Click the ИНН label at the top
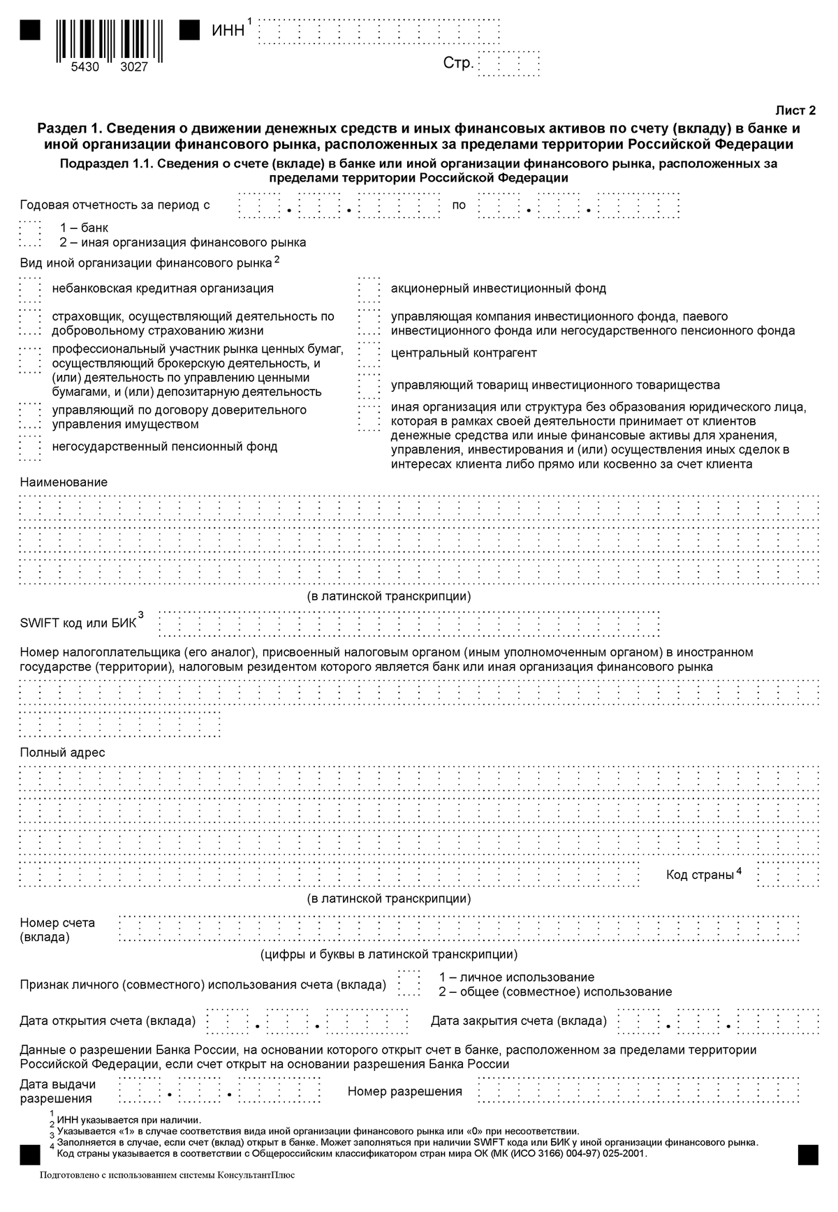coord(228,31)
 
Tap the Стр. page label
coord(458,64)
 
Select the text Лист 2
coord(795,110)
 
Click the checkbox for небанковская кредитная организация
coord(30,288)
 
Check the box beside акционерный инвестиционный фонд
coord(368,288)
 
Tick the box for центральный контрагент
coord(368,353)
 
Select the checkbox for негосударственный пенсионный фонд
coord(30,447)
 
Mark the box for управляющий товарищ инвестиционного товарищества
coord(368,385)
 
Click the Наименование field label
coord(64,482)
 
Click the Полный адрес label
coord(62,753)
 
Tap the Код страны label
coord(700,875)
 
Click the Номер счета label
coord(57,923)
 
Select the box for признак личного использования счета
coord(409,984)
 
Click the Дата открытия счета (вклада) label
coord(108,1021)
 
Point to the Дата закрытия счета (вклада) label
coord(518,1021)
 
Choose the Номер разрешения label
coord(405,1091)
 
